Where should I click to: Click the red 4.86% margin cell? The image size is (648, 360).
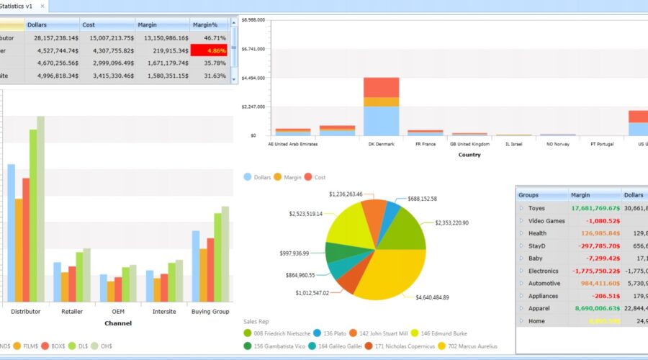(210, 50)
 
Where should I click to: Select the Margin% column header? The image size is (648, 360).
(205, 24)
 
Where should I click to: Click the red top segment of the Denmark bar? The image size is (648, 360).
(381, 87)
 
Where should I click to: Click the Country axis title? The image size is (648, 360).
(469, 155)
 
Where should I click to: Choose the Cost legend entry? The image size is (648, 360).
(315, 177)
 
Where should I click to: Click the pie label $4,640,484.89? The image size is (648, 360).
(432, 297)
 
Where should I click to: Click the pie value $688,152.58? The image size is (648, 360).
(422, 199)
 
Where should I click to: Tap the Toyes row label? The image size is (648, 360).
(536, 208)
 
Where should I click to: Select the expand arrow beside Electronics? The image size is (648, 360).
(521, 271)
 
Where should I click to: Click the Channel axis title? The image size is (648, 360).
(117, 324)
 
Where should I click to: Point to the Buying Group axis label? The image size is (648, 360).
(210, 312)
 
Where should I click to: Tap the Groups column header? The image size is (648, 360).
(528, 194)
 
